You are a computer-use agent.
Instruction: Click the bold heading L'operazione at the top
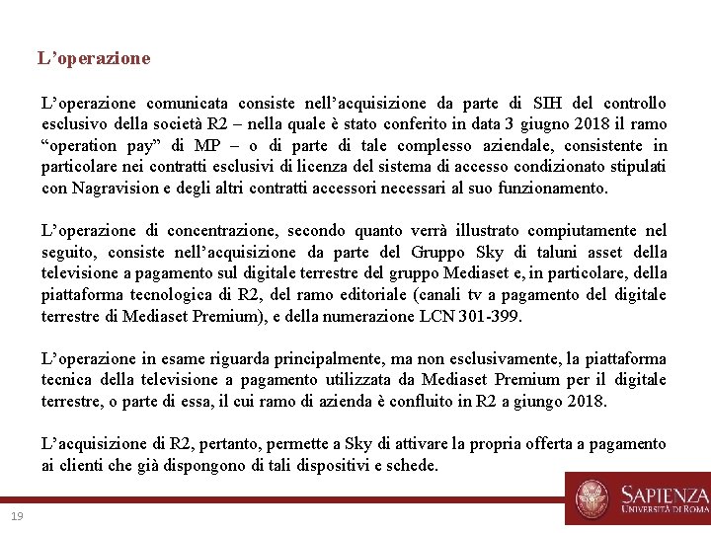pos(94,58)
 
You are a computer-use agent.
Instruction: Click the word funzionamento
pos(552,188)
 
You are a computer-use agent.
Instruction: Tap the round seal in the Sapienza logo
pos(592,497)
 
